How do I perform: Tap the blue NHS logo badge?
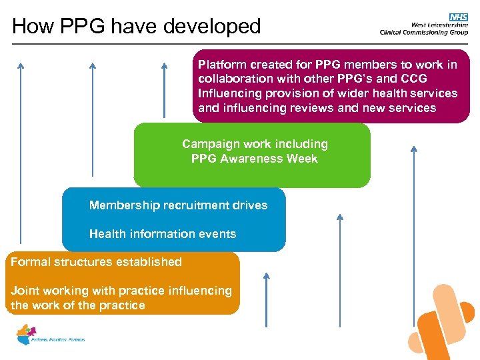458,17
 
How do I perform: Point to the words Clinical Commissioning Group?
423,32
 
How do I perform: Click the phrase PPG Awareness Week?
254,159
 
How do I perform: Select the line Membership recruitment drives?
178,205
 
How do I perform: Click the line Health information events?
163,234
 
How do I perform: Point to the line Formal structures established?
96,262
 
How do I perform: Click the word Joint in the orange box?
24,290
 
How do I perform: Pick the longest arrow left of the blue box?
21,153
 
